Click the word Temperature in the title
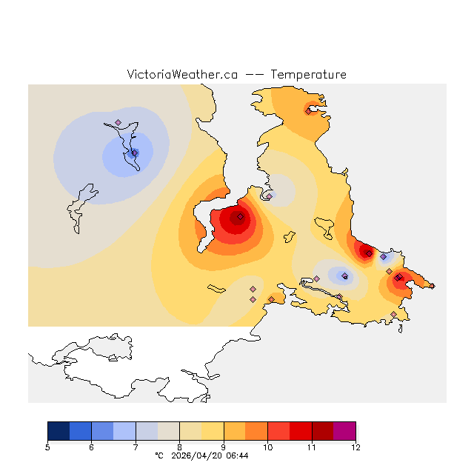pos(308,75)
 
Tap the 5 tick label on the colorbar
pos(48,447)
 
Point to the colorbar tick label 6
pos(91,447)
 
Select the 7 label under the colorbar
pos(136,447)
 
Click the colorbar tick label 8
pos(179,447)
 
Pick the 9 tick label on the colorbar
pos(224,447)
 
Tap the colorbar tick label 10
pos(267,447)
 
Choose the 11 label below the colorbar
pos(311,447)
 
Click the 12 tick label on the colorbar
pos(355,447)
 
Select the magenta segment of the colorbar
pos(344,431)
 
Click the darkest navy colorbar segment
pos(59,431)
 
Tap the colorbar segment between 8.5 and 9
pos(213,431)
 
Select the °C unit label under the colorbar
pos(158,456)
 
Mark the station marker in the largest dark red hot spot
pos(240,217)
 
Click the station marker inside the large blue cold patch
pos(134,153)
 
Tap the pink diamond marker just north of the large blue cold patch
pos(118,123)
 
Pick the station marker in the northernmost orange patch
pos(308,112)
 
